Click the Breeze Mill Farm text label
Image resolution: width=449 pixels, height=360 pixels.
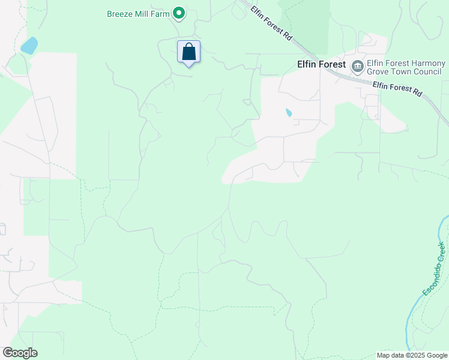tap(137, 13)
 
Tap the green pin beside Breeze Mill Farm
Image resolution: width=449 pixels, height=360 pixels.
tap(178, 13)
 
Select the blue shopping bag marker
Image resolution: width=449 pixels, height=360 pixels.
tap(189, 52)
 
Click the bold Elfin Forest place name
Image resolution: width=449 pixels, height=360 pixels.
tap(321, 64)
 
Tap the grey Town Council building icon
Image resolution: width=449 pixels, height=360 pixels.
tap(357, 65)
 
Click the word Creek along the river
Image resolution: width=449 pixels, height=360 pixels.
tap(441, 250)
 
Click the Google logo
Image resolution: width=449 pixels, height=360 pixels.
tap(20, 353)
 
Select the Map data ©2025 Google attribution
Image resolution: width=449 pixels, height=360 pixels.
tap(412, 355)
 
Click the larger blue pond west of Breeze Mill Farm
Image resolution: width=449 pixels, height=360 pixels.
tap(28, 46)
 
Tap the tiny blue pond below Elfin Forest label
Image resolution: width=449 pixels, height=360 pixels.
tap(289, 112)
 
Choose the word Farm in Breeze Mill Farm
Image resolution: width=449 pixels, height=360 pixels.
tap(161, 13)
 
